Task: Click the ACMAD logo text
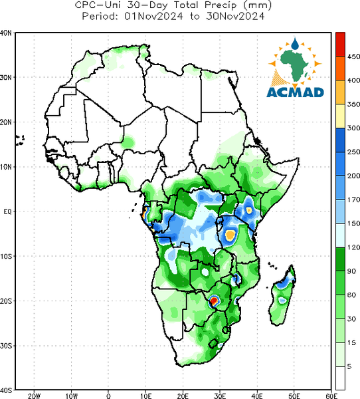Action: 295,92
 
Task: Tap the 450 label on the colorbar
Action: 353,57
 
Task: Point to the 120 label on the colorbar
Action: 353,247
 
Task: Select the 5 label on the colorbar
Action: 349,366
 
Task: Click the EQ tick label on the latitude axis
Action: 7,211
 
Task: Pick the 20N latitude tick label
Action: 6,122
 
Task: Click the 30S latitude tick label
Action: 6,346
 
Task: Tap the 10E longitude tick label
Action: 145,396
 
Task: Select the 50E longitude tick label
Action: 294,396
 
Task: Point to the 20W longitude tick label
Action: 34,396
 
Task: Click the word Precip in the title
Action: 221,5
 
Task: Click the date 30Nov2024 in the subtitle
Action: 235,16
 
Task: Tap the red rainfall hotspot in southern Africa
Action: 214,301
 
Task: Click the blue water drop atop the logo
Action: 295,44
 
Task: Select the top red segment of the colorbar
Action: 340,45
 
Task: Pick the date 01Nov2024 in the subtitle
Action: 153,16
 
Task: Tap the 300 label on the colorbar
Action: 353,128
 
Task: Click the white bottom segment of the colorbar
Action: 340,378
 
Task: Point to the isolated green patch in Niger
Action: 128,142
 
